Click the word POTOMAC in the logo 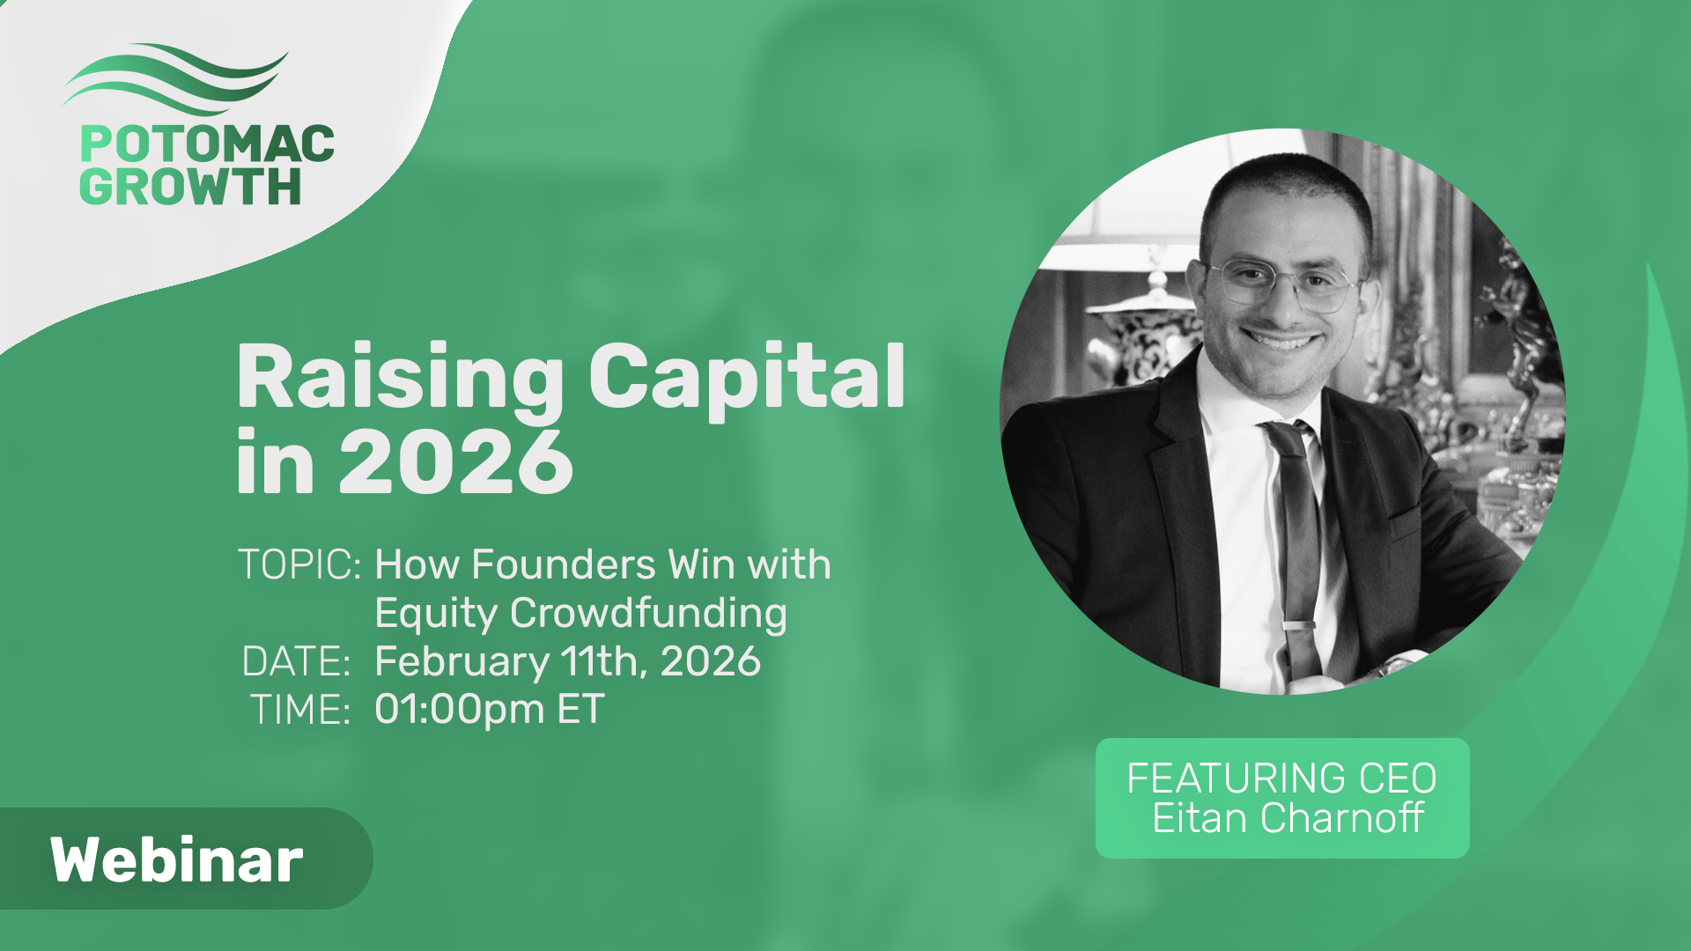(x=207, y=144)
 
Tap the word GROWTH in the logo (x=190, y=187)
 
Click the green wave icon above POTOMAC (x=174, y=79)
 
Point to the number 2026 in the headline (x=456, y=462)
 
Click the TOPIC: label (x=299, y=565)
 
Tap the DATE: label (x=297, y=662)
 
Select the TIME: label (x=301, y=710)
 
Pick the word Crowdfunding (x=648, y=614)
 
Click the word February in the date (x=462, y=662)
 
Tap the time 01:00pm (x=460, y=710)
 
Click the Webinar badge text (x=177, y=860)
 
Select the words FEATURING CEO (x=1281, y=778)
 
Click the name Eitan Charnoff (x=1289, y=819)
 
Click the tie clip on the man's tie (x=1301, y=626)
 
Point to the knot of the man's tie (x=1283, y=438)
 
